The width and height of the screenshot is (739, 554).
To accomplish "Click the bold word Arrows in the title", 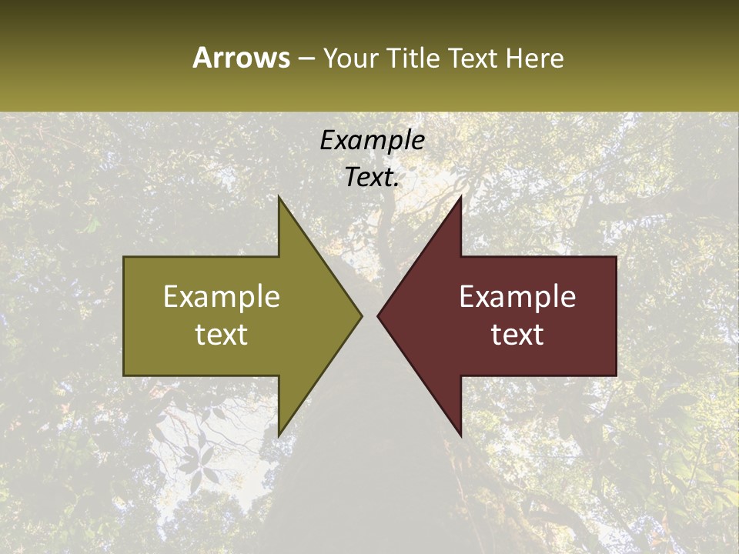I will click(x=241, y=58).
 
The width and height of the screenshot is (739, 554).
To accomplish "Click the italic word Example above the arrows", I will click(x=372, y=140).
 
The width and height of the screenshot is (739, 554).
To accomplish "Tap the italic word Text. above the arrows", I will click(x=372, y=178).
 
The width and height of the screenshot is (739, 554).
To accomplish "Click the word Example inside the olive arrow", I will click(x=222, y=297).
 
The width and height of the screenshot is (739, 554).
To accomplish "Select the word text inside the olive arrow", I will click(x=222, y=335).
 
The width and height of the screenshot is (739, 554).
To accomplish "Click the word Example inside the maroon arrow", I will click(x=517, y=297).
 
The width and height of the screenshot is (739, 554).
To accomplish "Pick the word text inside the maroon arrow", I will click(x=517, y=335).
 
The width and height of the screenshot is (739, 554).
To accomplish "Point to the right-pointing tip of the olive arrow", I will click(x=362, y=315).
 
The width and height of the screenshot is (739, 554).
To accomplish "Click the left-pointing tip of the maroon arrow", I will click(x=377, y=315).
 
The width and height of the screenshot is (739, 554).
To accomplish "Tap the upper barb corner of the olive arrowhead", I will click(x=279, y=196).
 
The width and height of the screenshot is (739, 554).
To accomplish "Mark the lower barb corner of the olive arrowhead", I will click(x=279, y=436).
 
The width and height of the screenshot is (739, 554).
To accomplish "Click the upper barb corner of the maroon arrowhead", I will click(x=460, y=196).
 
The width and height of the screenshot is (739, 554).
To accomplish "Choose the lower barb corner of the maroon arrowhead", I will click(x=460, y=436).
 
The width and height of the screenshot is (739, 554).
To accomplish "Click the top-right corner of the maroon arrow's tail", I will click(x=616, y=257).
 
